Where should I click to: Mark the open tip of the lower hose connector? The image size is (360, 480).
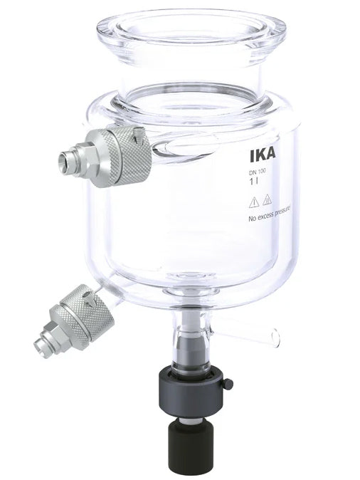click(x=39, y=344)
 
